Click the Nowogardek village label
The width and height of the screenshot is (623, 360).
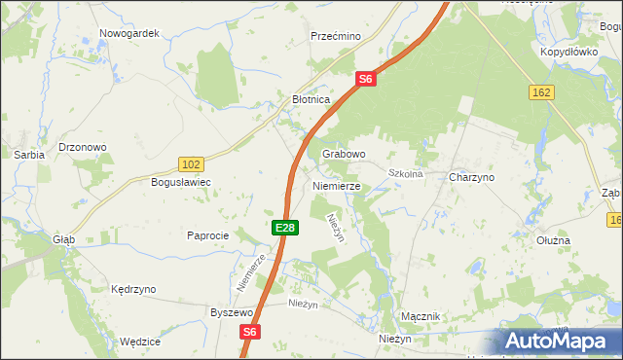[x=128, y=33]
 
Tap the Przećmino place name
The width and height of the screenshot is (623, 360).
[x=336, y=36]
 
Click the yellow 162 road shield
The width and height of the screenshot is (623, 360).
[x=543, y=91]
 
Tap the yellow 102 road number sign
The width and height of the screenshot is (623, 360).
[x=192, y=164]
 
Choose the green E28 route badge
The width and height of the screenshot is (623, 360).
[x=284, y=227]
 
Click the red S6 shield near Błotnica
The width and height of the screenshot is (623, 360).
[x=366, y=79]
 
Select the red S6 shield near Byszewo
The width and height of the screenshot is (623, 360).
[x=250, y=332]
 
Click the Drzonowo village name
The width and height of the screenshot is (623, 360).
[x=83, y=147]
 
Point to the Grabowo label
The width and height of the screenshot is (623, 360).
[x=344, y=154]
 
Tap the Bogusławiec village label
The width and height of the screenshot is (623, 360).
[x=180, y=182]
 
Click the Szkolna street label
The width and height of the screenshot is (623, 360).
[x=405, y=174]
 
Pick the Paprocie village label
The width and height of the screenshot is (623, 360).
[x=207, y=235]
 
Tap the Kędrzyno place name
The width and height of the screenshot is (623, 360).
[x=133, y=290]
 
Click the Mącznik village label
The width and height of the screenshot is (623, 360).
[x=421, y=317]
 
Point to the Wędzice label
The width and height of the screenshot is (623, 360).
[x=139, y=342]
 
